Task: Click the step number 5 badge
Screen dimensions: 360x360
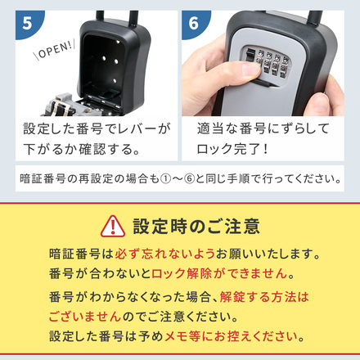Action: click(x=28, y=24)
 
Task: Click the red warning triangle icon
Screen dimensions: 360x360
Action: click(x=112, y=226)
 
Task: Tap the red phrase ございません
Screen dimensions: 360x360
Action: click(x=85, y=316)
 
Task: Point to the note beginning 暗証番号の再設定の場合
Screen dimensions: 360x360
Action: click(x=179, y=178)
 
